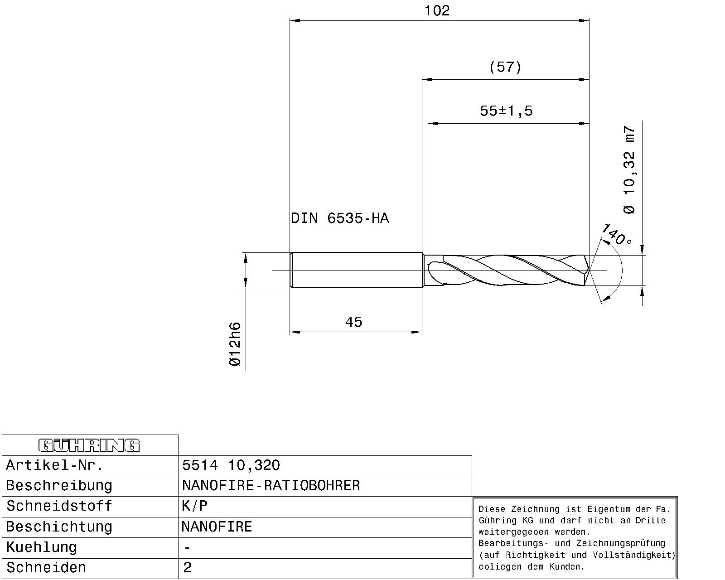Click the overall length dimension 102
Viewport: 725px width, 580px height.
[437, 11]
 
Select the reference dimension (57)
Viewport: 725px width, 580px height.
[505, 68]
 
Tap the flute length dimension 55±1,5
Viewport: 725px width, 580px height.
[506, 111]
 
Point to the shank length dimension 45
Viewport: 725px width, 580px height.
[353, 322]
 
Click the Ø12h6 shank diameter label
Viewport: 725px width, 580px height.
[235, 344]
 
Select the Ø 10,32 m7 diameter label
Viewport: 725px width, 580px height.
[630, 170]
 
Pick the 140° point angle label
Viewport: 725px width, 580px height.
[616, 235]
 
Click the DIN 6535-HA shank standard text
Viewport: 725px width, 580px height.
[340, 219]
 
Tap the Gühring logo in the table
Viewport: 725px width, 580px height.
[89, 445]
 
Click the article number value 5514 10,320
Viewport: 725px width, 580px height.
[231, 465]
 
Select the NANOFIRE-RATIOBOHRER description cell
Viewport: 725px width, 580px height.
[271, 486]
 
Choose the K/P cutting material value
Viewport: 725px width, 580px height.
[194, 506]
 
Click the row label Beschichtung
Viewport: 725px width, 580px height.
[58, 527]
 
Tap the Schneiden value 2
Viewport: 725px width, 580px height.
[188, 568]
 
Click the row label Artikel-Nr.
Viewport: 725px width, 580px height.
[55, 465]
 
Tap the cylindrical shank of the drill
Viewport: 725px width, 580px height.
[356, 271]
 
